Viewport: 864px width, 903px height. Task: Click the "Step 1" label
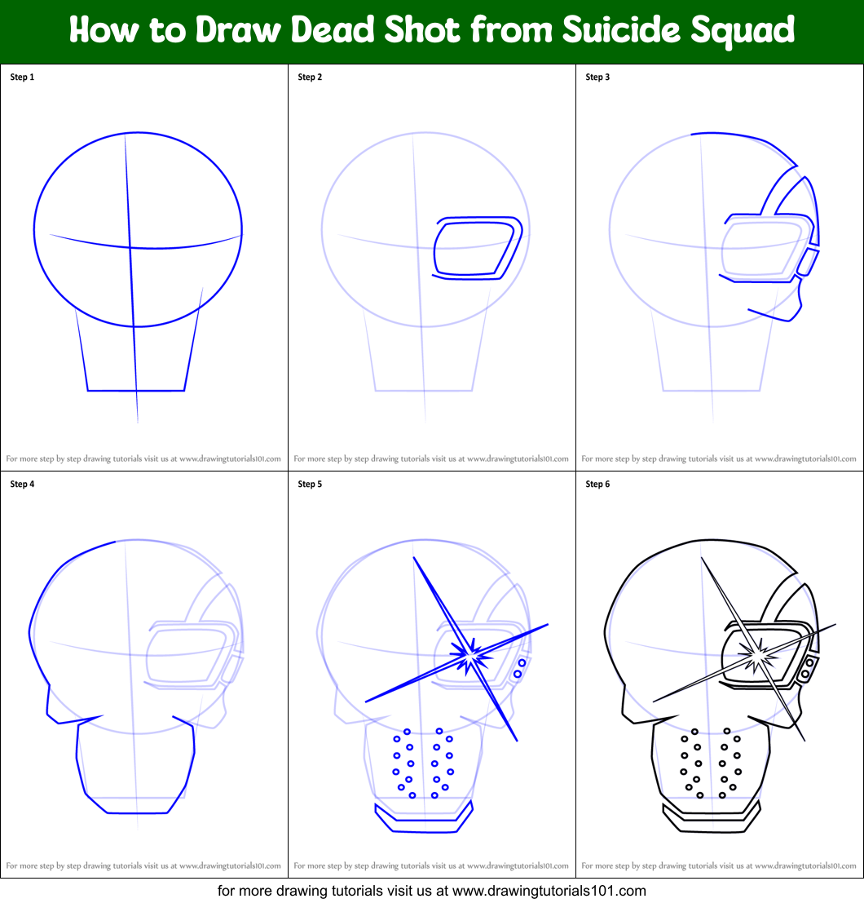[x=22, y=77]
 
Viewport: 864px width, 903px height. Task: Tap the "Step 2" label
[x=310, y=77]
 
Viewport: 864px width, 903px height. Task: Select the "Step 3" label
[x=597, y=77]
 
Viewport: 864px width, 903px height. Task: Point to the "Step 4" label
[x=22, y=485]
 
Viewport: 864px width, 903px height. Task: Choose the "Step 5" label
[x=310, y=485]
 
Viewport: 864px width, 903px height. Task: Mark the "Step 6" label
[x=597, y=485]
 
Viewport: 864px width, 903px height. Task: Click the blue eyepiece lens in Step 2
[x=473, y=250]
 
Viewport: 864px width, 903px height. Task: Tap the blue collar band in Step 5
[x=424, y=819]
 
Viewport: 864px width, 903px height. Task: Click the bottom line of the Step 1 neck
[x=136, y=391]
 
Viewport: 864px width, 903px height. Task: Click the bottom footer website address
[x=432, y=890]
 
